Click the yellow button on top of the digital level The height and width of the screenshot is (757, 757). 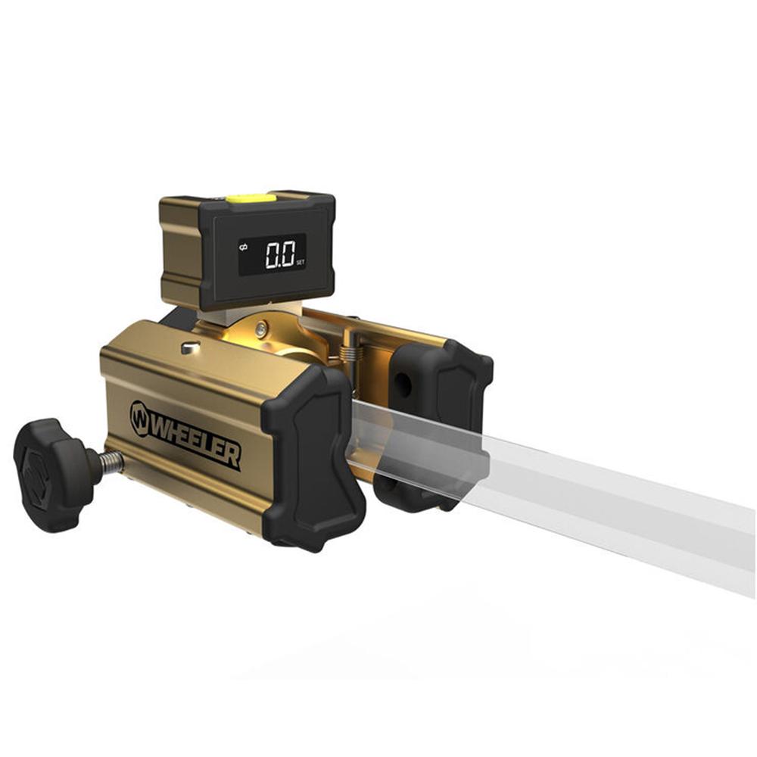tap(251, 198)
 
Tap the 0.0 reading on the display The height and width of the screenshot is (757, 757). tap(279, 254)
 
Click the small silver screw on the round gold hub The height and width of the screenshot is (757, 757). tap(261, 329)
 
